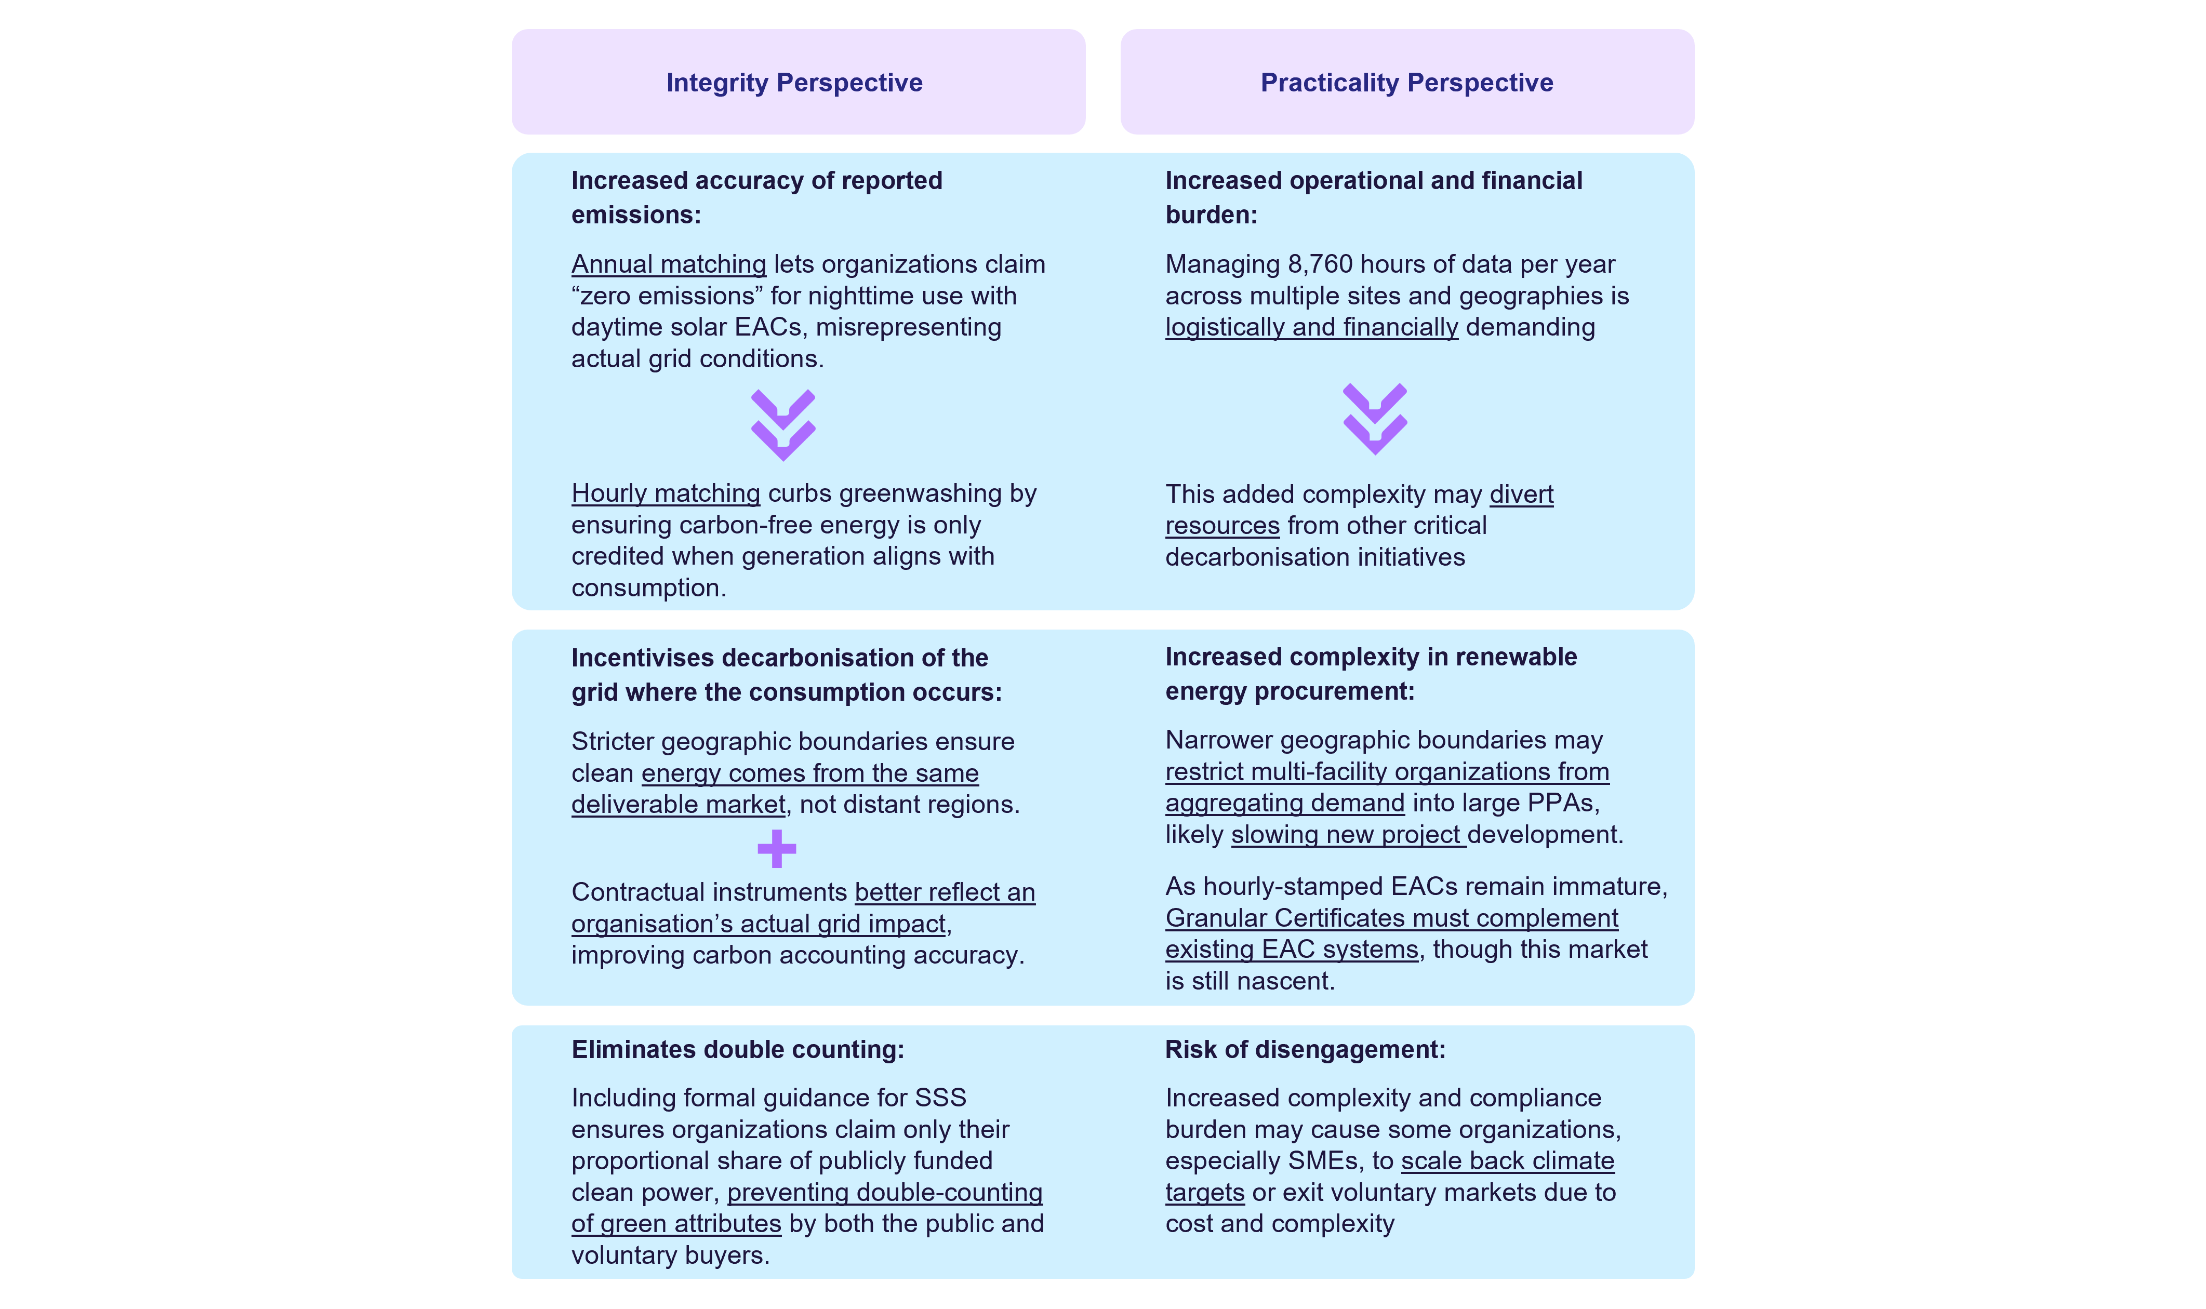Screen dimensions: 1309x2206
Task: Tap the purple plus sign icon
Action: point(776,849)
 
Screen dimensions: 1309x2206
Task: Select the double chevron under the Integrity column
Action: point(783,425)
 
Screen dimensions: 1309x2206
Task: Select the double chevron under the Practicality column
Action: point(1374,419)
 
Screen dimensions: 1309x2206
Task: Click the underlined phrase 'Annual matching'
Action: point(669,264)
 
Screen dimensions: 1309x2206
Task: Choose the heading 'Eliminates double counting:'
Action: point(737,1050)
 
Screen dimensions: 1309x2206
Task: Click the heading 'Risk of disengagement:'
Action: point(1305,1050)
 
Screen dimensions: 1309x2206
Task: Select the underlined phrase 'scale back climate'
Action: point(1507,1161)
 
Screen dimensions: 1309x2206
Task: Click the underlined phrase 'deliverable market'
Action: point(677,805)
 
